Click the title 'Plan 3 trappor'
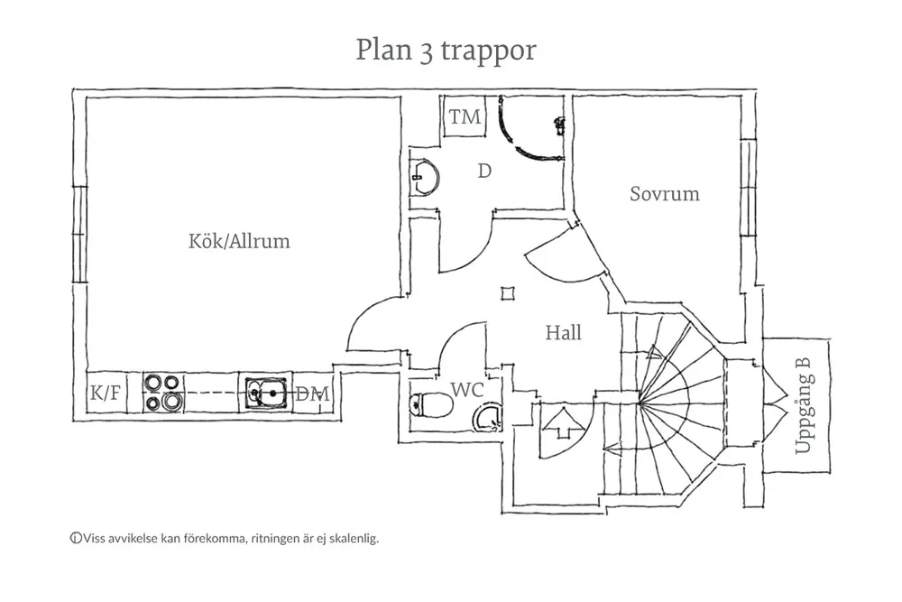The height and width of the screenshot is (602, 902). pyautogui.click(x=446, y=51)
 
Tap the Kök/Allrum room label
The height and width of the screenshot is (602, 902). pyautogui.click(x=239, y=242)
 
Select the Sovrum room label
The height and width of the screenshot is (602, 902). pyautogui.click(x=665, y=194)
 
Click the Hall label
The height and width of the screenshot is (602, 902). pyautogui.click(x=563, y=333)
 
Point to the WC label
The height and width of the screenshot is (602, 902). pyautogui.click(x=468, y=390)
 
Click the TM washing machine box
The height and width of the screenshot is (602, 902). pyautogui.click(x=465, y=117)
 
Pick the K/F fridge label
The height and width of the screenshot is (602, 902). pyautogui.click(x=105, y=394)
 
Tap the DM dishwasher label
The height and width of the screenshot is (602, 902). pyautogui.click(x=313, y=394)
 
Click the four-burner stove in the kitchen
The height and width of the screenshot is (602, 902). pyautogui.click(x=162, y=394)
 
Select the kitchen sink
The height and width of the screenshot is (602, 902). pyautogui.click(x=267, y=394)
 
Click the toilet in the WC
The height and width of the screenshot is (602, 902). pyautogui.click(x=430, y=405)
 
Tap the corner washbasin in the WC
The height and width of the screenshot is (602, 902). pyautogui.click(x=488, y=418)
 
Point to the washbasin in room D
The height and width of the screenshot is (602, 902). pyautogui.click(x=424, y=176)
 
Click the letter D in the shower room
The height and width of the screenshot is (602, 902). pyautogui.click(x=484, y=171)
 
